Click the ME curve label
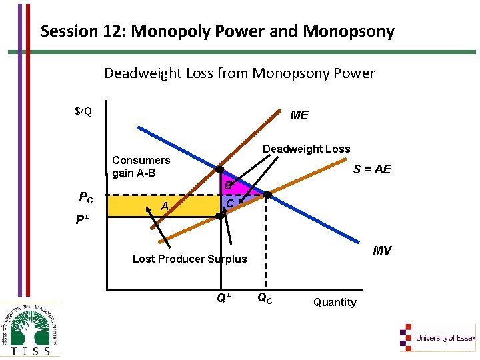299,115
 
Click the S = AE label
372,169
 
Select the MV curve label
382,251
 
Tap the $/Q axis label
83,111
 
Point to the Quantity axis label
335,302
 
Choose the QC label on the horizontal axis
264,298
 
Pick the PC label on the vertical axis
86,197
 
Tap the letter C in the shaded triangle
229,203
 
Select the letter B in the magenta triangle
227,185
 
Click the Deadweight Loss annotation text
306,149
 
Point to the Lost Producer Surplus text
189,259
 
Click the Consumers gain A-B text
141,167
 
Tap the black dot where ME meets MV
219,169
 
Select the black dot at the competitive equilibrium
267,195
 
